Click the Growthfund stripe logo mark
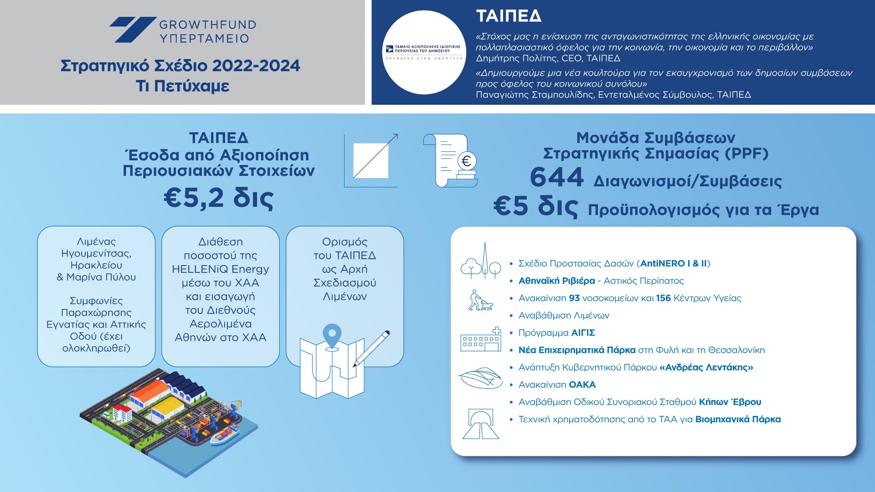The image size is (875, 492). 133,30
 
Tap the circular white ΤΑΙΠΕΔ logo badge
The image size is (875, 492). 424,52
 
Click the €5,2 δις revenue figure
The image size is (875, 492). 219,198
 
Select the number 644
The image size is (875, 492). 556,177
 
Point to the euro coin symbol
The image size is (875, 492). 466,161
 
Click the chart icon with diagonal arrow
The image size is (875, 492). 371,160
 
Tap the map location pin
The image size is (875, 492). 332,335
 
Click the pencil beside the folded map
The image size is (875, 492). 371,348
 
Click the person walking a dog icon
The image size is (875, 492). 480,301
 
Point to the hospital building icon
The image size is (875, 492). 481,340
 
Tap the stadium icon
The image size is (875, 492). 480,378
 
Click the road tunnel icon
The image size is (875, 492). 481,424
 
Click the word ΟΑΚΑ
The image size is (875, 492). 582,385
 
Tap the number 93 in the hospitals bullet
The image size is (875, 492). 574,298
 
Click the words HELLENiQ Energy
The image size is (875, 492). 221,269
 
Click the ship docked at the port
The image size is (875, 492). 224,435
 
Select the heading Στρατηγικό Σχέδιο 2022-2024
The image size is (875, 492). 180,66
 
